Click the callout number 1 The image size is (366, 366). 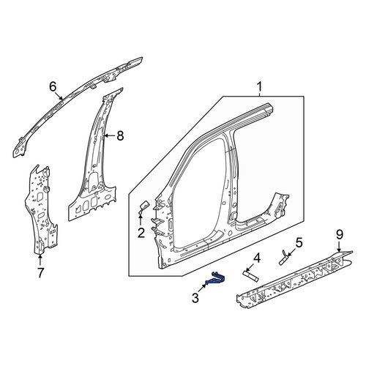click(x=259, y=87)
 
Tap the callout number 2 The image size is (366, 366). click(x=141, y=233)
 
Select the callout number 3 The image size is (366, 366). click(x=195, y=298)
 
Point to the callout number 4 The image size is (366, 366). click(x=257, y=259)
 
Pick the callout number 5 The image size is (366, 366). click(x=299, y=243)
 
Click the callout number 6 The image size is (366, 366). click(x=53, y=86)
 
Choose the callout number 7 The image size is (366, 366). click(x=40, y=272)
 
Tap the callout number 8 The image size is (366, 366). click(x=120, y=135)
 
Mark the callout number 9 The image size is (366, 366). click(x=340, y=234)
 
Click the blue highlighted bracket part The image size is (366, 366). click(x=216, y=280)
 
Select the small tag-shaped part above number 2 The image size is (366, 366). click(x=143, y=206)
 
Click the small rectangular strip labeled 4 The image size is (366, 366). click(x=250, y=276)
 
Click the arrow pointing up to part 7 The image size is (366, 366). click(x=40, y=259)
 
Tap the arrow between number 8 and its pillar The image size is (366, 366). click(x=109, y=135)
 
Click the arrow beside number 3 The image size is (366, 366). click(x=202, y=288)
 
